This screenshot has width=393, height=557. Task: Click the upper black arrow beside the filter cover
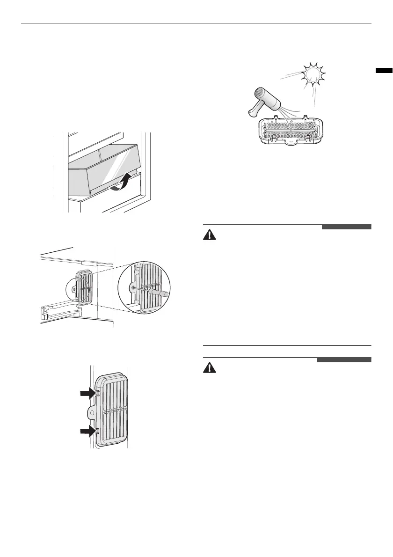click(89, 394)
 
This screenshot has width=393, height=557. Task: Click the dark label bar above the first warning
click(346, 227)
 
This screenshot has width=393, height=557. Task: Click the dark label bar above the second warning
click(344, 360)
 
